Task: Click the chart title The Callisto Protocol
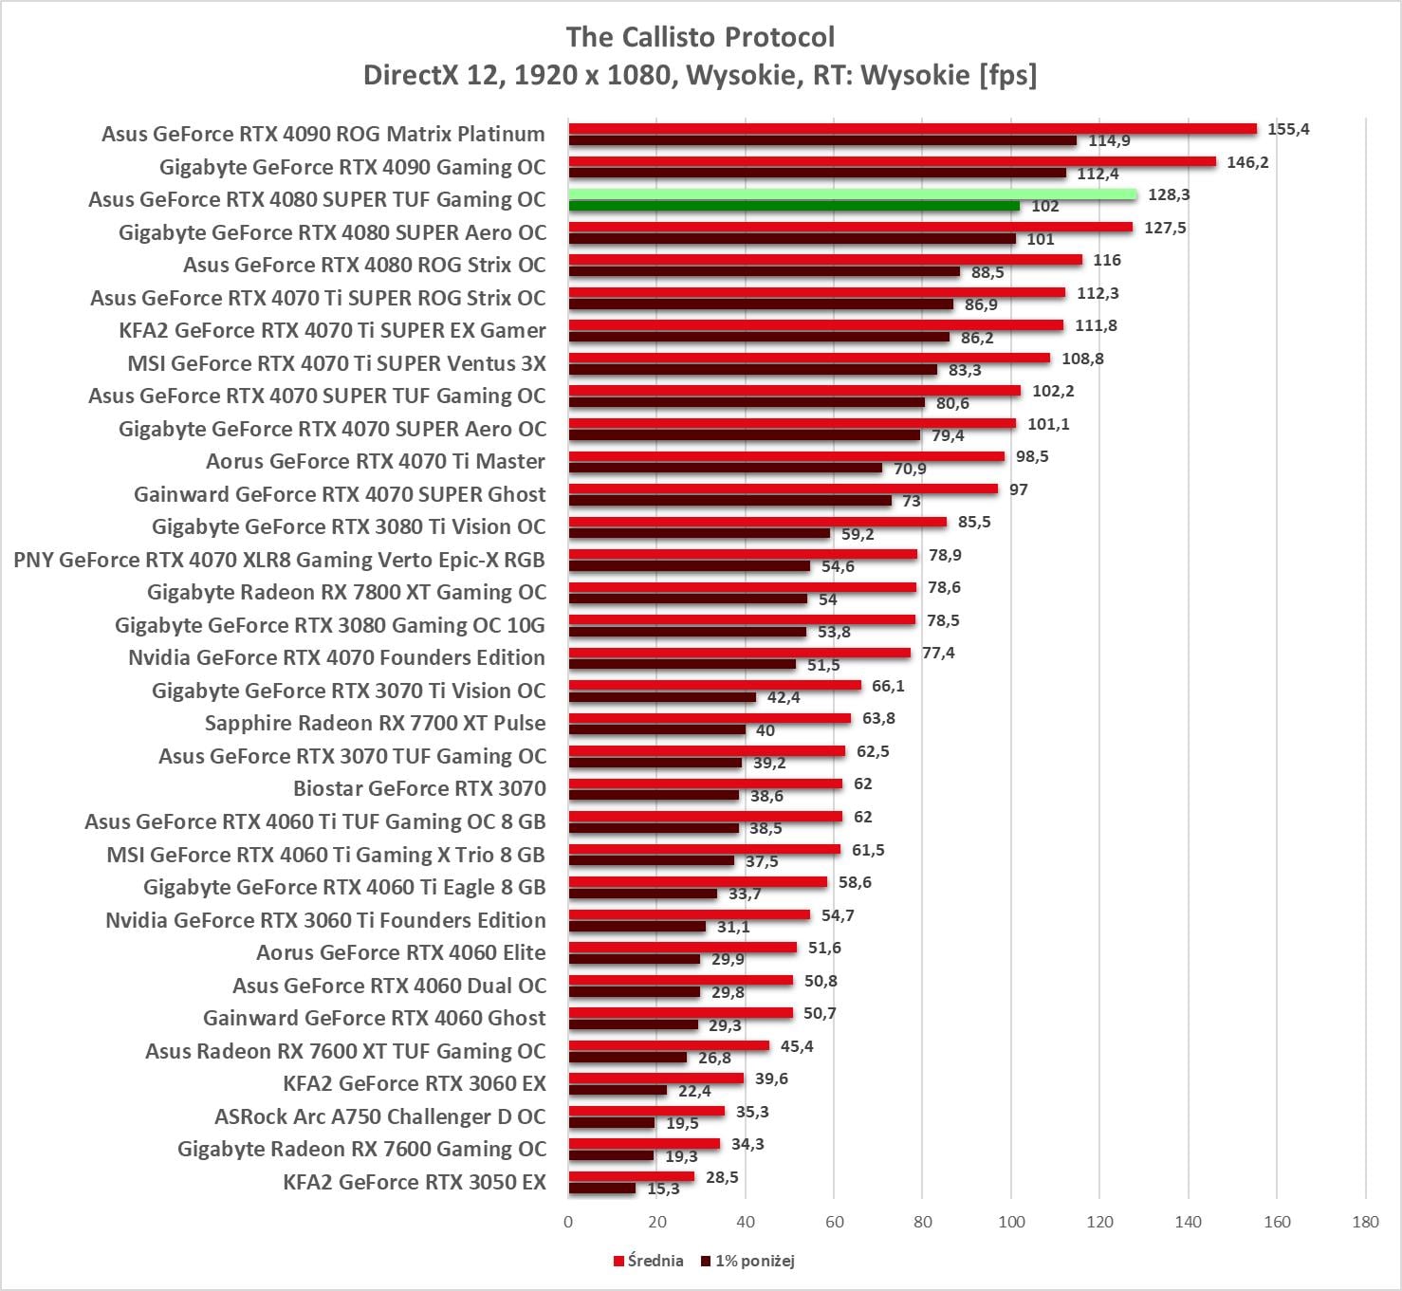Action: tap(700, 37)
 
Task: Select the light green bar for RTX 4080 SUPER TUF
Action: tap(852, 194)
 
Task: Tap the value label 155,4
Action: tap(1288, 129)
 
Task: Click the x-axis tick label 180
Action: tap(1365, 1222)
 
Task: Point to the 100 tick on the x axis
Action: tap(1011, 1222)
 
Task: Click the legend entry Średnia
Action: tap(649, 1261)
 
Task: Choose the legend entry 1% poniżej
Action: tap(748, 1261)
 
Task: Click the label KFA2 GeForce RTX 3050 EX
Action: tap(415, 1182)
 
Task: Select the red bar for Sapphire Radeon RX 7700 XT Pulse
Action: tap(710, 718)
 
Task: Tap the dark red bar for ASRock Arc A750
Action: tap(612, 1123)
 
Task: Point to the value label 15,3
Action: tap(663, 1189)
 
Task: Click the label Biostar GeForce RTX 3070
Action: tap(419, 788)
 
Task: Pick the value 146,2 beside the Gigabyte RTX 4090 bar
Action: tap(1247, 162)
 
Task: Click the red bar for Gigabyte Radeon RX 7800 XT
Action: tap(743, 587)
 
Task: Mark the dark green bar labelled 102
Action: tap(794, 206)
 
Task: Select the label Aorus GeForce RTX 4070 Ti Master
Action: tap(376, 461)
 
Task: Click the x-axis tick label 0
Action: tap(568, 1222)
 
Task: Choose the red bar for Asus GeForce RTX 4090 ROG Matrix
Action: tap(913, 129)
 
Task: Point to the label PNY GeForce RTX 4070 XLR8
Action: tap(279, 560)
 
